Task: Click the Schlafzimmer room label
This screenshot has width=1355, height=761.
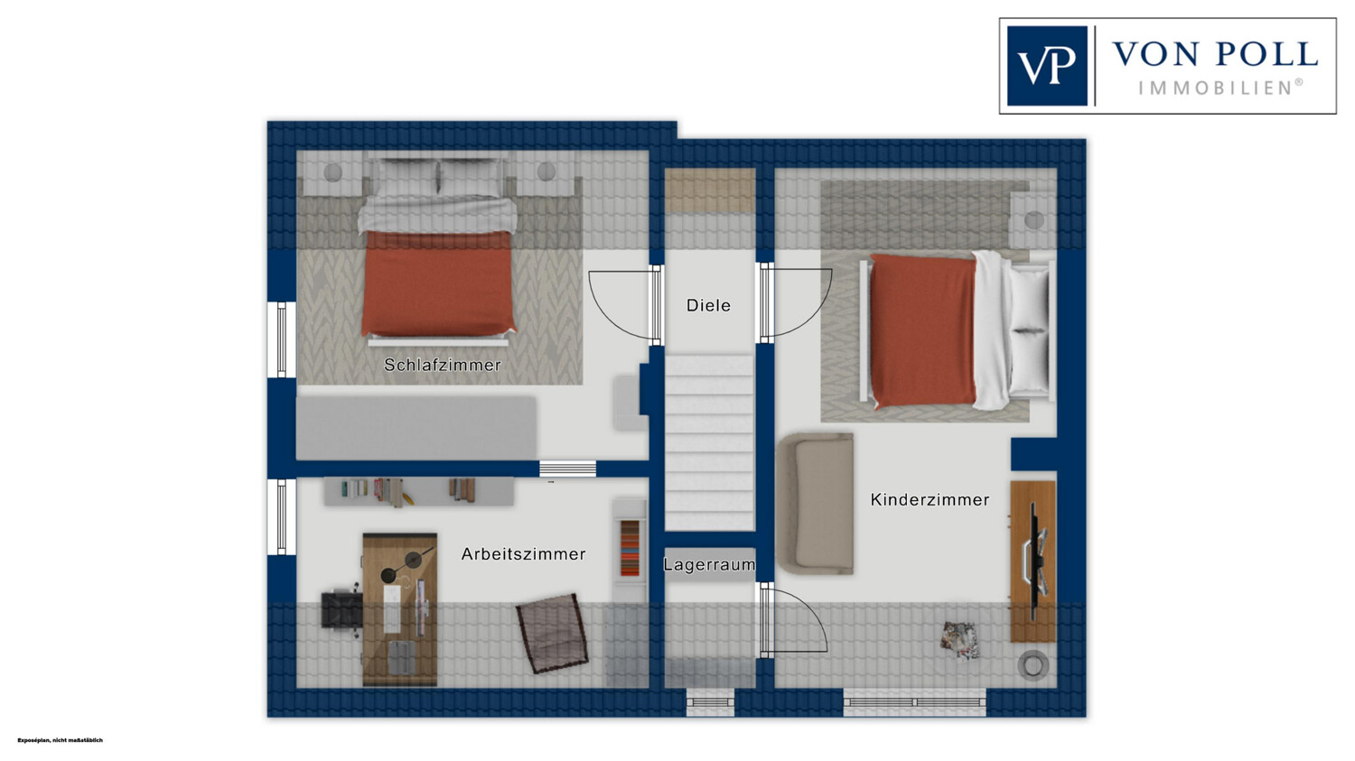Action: tap(443, 365)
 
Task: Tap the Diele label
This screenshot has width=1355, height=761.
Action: tap(708, 306)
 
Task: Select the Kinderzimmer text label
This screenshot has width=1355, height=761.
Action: tap(930, 500)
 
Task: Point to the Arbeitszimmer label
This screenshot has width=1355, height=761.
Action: tap(523, 554)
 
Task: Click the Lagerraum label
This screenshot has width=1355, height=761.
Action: tap(709, 565)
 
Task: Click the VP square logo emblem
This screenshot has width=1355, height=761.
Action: tap(1047, 66)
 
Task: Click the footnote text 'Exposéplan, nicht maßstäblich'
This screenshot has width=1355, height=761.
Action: tap(60, 740)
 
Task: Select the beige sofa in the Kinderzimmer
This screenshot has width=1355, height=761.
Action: tap(816, 503)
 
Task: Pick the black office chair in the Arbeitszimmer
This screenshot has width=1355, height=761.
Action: tap(341, 612)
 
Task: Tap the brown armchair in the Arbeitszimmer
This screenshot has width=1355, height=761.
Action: tap(552, 633)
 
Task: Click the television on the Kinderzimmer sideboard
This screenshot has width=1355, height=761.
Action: tap(1036, 561)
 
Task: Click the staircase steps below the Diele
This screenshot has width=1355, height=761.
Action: tap(709, 443)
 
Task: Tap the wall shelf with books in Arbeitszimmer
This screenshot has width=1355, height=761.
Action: tap(419, 491)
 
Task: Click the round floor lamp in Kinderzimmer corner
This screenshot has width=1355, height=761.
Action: tap(1033, 665)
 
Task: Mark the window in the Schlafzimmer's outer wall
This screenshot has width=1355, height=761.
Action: tap(282, 339)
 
